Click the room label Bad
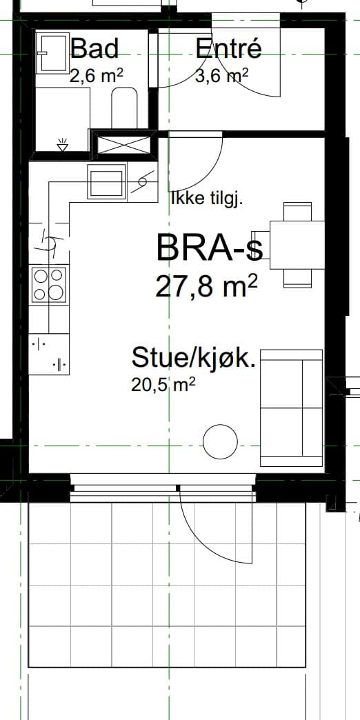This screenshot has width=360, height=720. click(94, 48)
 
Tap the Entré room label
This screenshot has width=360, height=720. click(229, 48)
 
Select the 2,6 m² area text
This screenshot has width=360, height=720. click(97, 75)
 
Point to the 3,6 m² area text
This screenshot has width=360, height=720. click(222, 75)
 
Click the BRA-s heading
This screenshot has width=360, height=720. click(210, 248)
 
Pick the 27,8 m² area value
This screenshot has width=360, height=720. click(206, 286)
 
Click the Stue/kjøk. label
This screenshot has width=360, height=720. click(193, 358)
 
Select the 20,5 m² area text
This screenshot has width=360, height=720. click(163, 384)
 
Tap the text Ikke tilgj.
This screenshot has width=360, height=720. click(206, 199)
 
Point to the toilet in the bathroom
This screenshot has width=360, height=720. click(124, 108)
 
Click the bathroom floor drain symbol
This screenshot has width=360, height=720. click(63, 145)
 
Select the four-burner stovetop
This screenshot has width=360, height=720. click(50, 285)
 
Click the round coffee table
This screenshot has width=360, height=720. click(221, 442)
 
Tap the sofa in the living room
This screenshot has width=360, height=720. click(292, 408)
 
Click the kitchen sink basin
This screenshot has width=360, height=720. click(107, 181)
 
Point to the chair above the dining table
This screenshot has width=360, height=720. click(297, 211)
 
